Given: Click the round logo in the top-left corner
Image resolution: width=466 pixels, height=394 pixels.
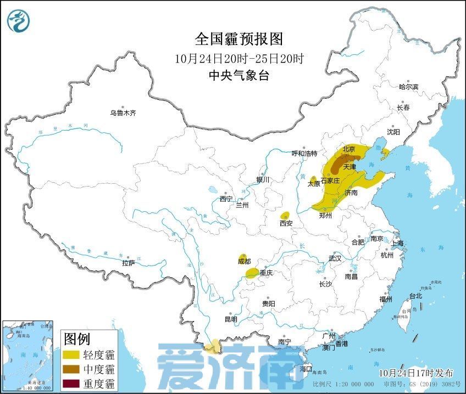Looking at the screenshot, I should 19,20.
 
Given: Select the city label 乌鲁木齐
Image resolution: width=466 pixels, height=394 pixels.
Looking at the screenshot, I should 122,113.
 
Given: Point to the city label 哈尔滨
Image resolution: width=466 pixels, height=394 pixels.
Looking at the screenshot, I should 408,87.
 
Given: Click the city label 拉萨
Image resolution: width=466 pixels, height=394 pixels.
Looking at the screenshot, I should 128,263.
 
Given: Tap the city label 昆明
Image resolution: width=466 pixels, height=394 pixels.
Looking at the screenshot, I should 231,319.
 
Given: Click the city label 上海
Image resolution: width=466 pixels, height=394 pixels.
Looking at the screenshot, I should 397,243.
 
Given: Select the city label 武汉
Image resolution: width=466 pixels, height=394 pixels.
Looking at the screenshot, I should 334,258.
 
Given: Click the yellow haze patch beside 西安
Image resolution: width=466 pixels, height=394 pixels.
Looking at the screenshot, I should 285,215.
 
